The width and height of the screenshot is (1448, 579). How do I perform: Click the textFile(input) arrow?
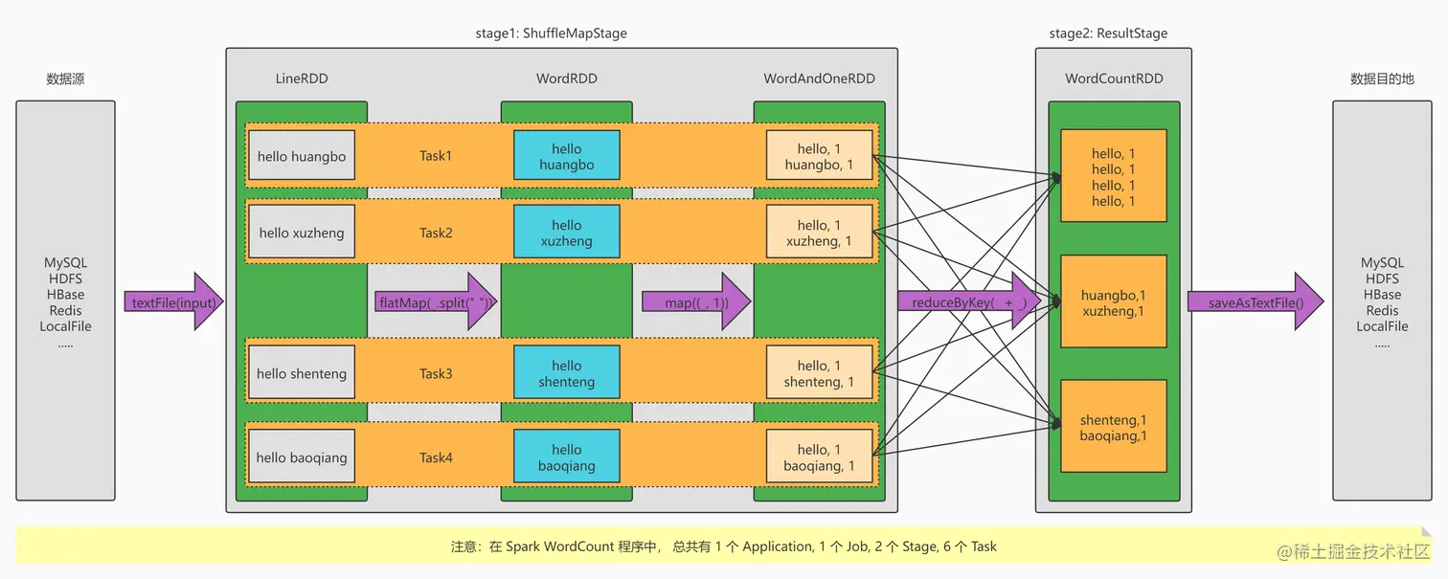coord(173,302)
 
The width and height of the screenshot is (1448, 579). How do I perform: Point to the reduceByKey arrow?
coord(967,302)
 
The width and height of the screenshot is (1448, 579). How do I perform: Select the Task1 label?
coord(436,155)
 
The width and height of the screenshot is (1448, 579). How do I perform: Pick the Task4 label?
coord(436,457)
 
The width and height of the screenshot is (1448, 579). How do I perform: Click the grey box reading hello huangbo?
coord(302,156)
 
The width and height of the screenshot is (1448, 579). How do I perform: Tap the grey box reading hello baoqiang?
coord(302,457)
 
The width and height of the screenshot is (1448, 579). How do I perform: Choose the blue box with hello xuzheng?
coord(566,233)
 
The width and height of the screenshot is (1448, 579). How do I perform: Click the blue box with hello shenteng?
coord(566,373)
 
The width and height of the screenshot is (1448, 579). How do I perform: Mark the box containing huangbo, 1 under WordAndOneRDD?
coord(819,156)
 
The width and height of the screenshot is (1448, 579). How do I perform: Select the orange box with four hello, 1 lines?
coord(1113,177)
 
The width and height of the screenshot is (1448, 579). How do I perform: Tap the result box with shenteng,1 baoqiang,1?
coord(1113,428)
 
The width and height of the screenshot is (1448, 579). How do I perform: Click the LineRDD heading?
coord(301,78)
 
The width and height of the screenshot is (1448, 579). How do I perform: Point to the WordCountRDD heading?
coord(1114,78)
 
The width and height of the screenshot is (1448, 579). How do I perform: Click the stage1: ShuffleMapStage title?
coord(551,33)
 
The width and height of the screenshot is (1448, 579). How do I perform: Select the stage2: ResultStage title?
coord(1108,33)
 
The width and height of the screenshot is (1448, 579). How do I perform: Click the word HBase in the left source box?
coord(65,295)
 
